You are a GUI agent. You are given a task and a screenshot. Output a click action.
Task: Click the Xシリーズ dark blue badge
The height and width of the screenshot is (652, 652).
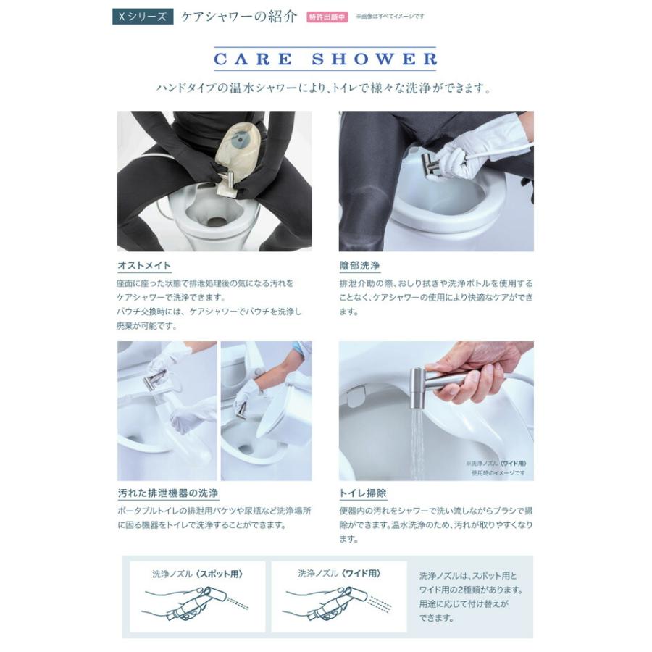point(142,17)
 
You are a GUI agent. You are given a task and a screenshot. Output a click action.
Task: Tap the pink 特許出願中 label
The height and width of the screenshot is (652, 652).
point(327,17)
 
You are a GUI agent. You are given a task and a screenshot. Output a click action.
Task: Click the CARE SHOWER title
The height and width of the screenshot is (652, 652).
point(325,59)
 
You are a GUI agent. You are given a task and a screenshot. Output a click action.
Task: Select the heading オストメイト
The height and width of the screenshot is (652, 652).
point(144,266)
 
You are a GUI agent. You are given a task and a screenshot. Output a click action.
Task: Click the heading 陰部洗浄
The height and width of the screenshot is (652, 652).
point(359,266)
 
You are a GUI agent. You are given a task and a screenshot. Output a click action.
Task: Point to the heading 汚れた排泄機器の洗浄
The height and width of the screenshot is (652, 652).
point(167,493)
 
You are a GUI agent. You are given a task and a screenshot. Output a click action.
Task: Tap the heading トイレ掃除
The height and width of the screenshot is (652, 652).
point(363,493)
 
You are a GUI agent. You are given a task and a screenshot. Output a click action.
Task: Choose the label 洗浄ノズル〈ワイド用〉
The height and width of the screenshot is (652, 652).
point(338,573)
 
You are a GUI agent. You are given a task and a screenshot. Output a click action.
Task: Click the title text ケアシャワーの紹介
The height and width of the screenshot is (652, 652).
point(238,17)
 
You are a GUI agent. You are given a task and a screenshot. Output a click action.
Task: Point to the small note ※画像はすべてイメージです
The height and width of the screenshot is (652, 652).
point(390,17)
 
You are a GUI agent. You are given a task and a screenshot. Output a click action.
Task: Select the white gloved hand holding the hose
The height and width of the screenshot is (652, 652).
point(482,148)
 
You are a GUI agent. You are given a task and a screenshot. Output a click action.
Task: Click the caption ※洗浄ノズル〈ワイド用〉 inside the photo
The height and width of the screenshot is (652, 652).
point(496,463)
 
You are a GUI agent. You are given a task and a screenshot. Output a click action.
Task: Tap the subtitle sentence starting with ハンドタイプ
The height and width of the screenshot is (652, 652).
point(325,89)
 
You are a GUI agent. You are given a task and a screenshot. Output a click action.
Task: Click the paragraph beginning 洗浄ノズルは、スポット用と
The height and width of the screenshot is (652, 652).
point(468,596)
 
